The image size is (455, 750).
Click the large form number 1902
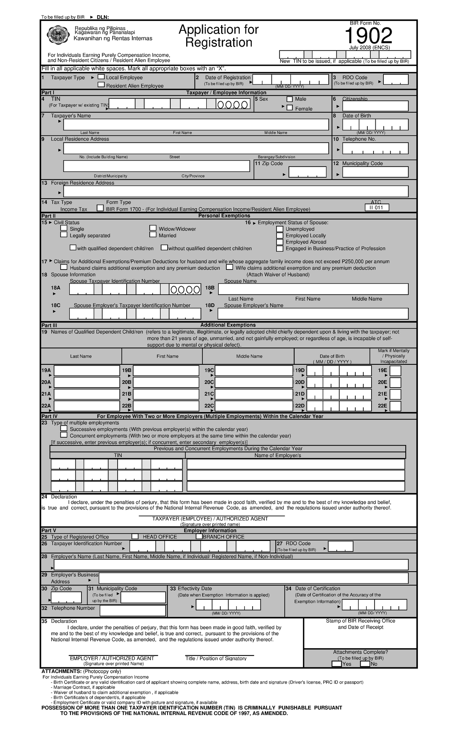[368, 36]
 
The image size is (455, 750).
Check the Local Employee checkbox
[101, 77]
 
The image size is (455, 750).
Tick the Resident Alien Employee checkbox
[101, 85]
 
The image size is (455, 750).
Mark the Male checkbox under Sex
[290, 99]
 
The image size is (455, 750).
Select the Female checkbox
[290, 108]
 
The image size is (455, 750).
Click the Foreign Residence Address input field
[235, 192]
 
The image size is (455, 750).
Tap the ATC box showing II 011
[377, 208]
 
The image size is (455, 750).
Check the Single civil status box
[64, 228]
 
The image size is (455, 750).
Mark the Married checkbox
[153, 235]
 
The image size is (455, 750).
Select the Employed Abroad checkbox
[280, 242]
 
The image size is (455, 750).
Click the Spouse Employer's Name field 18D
[313, 314]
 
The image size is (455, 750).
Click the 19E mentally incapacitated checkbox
[395, 371]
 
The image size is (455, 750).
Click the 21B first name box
[166, 394]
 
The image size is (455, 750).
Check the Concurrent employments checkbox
[64, 435]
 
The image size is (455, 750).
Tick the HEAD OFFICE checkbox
[135, 536]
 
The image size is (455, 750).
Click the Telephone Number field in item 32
[133, 611]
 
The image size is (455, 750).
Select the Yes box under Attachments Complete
[336, 664]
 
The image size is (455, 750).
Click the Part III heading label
[49, 325]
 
